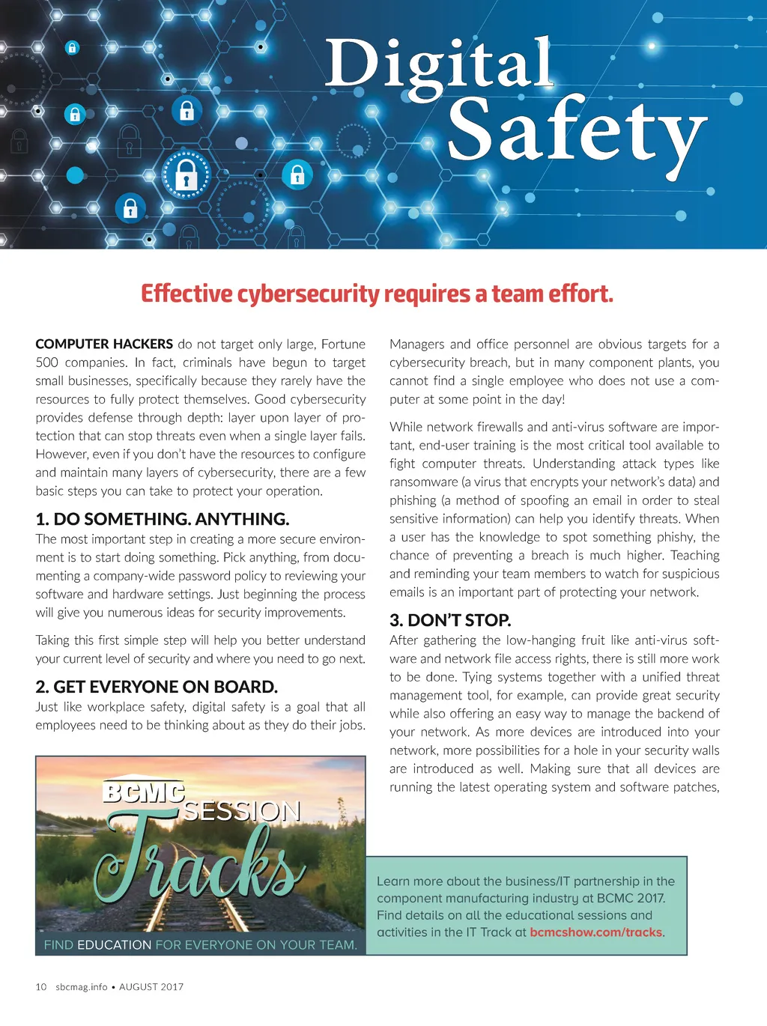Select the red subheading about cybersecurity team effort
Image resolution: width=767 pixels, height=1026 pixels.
(x=377, y=294)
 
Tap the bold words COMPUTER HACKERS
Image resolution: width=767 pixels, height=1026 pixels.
(x=104, y=344)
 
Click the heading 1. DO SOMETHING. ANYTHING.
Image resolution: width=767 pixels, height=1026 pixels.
(x=162, y=519)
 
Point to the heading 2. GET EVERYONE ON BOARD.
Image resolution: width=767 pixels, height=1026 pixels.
(x=156, y=687)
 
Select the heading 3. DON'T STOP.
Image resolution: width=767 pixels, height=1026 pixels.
(x=450, y=620)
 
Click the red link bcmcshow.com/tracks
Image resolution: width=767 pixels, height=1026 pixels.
(x=595, y=932)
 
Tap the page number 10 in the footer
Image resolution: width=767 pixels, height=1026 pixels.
(x=41, y=987)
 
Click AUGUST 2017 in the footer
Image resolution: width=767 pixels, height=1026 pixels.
(x=151, y=987)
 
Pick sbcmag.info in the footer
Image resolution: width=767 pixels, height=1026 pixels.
(x=81, y=987)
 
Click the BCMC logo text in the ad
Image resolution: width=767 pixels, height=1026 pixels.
(x=143, y=793)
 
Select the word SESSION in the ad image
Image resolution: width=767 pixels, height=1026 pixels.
(x=242, y=812)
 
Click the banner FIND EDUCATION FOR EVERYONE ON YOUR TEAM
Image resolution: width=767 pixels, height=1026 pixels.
(x=200, y=945)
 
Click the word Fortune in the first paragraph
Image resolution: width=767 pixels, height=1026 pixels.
(x=343, y=344)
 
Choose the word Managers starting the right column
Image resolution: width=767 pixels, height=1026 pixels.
(x=416, y=344)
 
